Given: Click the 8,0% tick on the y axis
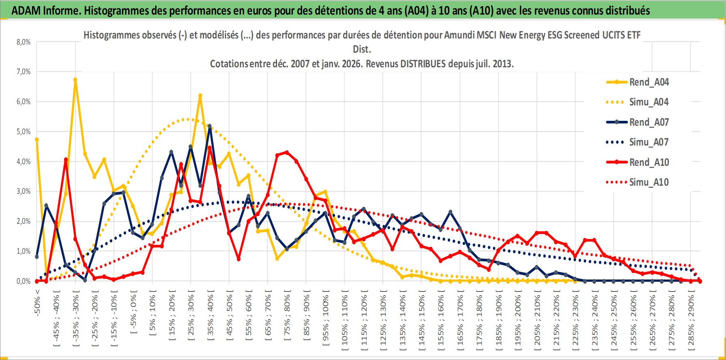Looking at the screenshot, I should [x=24, y=42].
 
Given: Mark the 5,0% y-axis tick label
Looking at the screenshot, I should [x=24, y=132].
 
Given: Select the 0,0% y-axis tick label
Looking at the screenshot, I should [x=24, y=281].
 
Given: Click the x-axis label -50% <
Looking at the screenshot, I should [x=37, y=302].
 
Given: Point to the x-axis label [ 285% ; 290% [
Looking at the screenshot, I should [x=691, y=320].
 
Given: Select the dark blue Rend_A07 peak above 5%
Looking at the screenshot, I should [x=210, y=126].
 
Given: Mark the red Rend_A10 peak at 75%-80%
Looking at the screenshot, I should [x=287, y=152].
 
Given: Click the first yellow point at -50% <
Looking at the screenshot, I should [x=37, y=139].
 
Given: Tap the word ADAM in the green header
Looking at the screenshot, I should [x=26, y=11].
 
